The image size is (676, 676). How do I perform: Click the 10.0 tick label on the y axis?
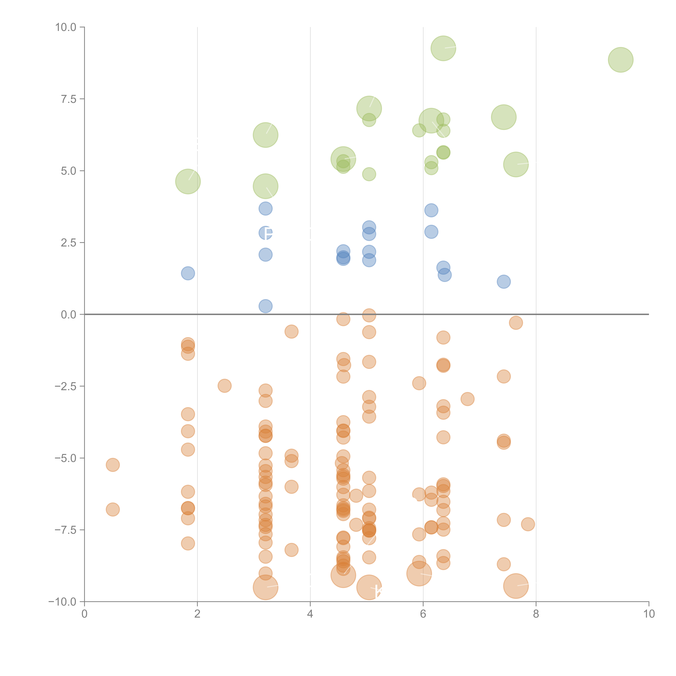[66, 27]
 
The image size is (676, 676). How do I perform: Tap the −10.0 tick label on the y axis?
[62, 602]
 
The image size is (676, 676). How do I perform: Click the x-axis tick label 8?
[536, 614]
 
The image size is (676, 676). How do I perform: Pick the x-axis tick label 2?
[197, 614]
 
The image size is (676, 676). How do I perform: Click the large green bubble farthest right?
[621, 60]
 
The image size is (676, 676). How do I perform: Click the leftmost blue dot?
[188, 273]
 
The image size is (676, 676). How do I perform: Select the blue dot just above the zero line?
[266, 306]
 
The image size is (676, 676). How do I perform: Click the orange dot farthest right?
[528, 524]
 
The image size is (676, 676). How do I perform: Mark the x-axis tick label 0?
[84, 614]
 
